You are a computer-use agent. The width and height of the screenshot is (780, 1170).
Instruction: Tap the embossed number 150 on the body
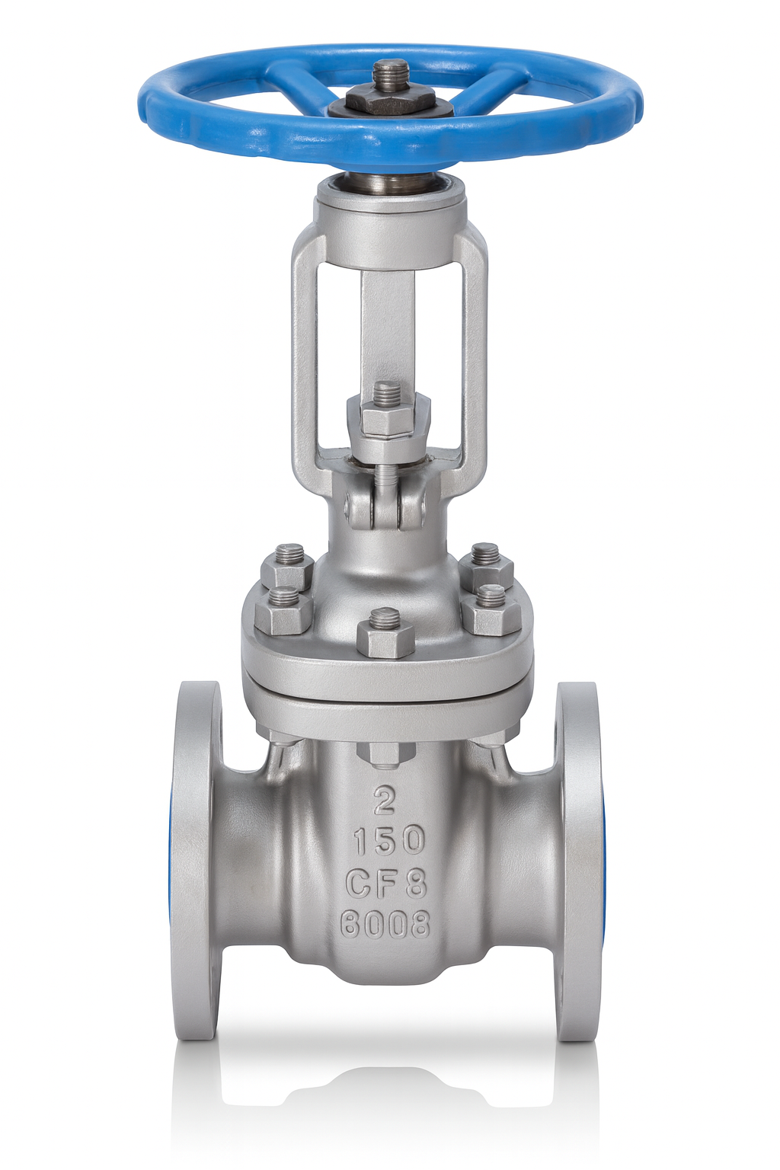coord(388,840)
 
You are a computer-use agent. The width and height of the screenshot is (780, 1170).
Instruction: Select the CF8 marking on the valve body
coord(386,884)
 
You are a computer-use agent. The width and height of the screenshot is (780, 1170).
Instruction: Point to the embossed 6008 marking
coord(385,925)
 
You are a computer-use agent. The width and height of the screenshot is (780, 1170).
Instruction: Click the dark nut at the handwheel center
coord(390,101)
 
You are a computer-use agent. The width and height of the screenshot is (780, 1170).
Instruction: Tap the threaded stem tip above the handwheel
coord(390,75)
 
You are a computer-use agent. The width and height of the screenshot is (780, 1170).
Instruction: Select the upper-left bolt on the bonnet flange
coord(287,566)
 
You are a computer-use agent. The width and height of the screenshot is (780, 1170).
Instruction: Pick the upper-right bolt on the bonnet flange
coord(485,564)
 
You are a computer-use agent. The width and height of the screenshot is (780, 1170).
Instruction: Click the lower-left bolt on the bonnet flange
coord(283,610)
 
